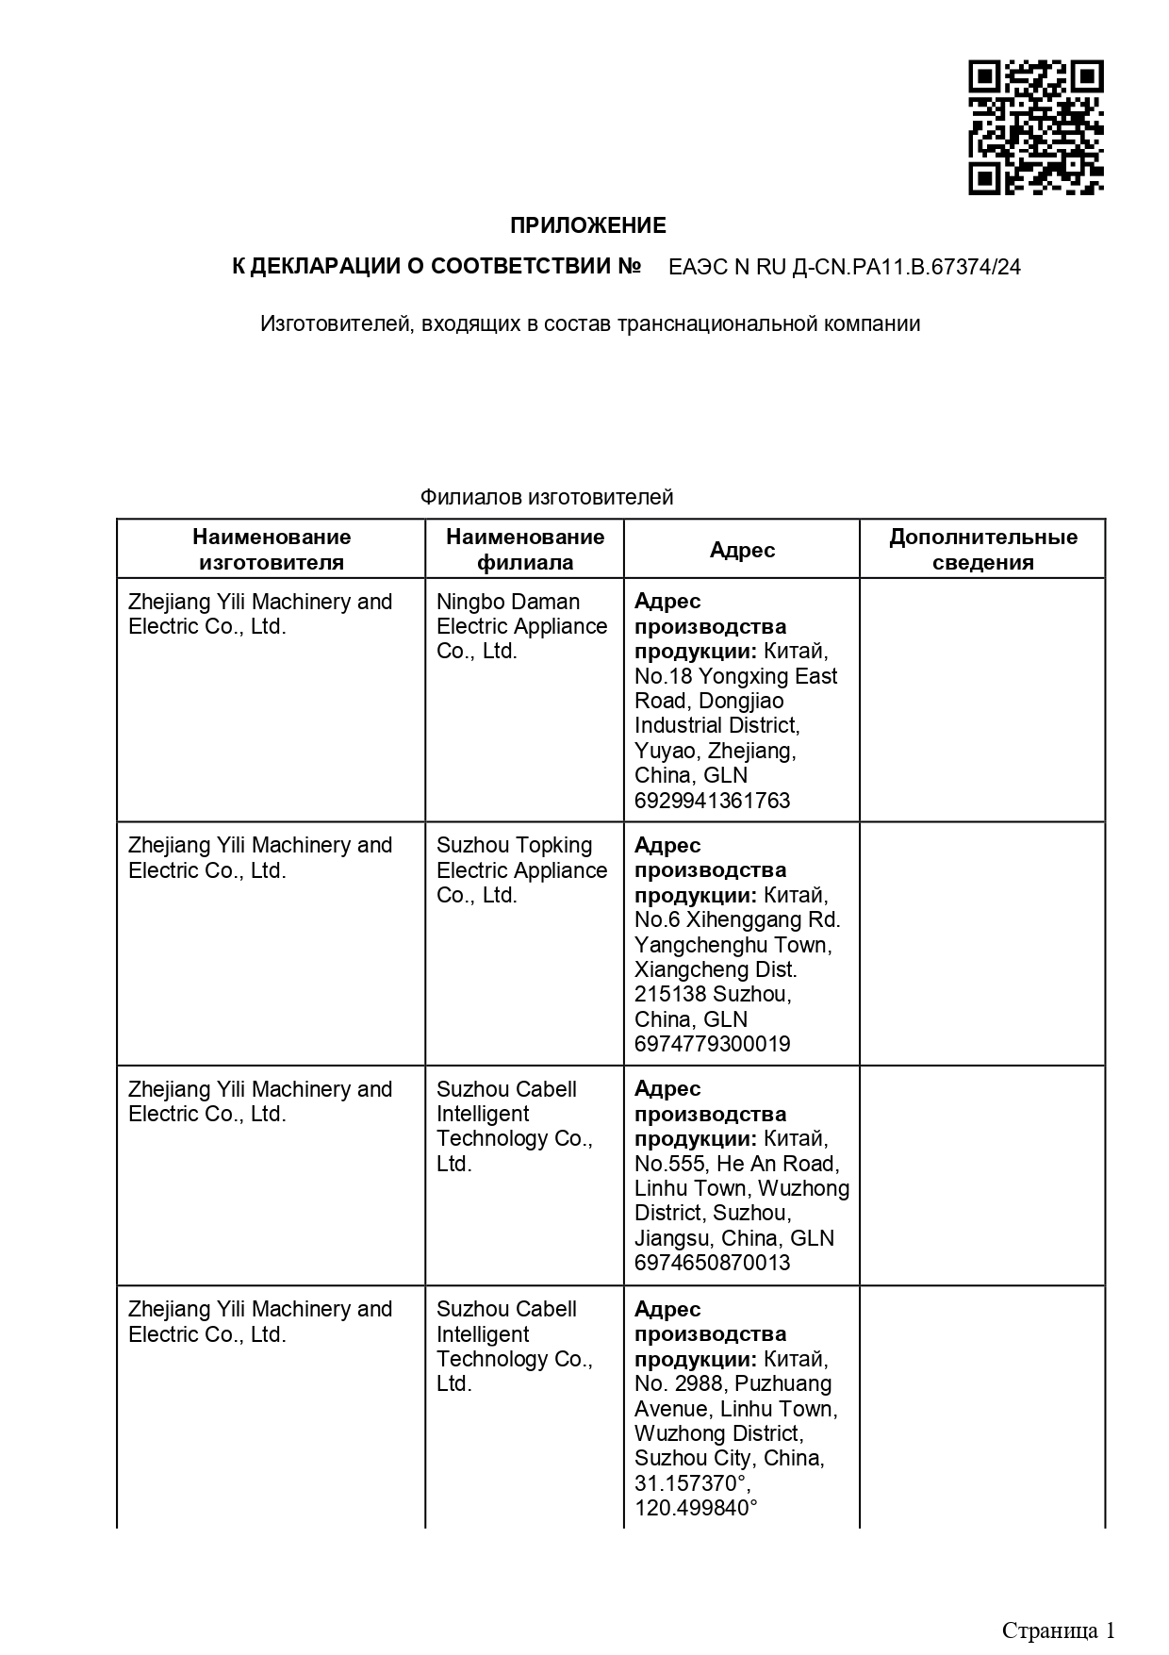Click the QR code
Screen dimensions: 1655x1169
tap(1035, 128)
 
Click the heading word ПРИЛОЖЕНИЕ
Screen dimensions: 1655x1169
tap(587, 225)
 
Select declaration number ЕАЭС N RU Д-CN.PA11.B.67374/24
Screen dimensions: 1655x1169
tap(844, 267)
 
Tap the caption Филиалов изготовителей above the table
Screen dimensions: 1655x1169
tap(547, 497)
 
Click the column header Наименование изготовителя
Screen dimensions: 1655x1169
tap(272, 550)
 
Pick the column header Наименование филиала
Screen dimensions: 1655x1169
tap(525, 550)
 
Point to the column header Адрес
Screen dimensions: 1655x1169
tap(742, 550)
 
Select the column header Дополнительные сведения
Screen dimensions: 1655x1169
tap(982, 550)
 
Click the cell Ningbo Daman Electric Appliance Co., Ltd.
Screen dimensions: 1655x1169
tap(521, 626)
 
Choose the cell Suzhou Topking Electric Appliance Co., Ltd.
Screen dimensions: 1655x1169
tap(521, 870)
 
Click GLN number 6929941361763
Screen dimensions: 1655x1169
tap(712, 801)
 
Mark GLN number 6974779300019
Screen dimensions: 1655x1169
tap(712, 1044)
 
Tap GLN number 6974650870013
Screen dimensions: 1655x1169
tap(712, 1263)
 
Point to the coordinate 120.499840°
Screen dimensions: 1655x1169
tap(696, 1508)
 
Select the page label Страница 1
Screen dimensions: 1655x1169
tap(1058, 1630)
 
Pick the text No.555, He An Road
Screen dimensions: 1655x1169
tap(736, 1164)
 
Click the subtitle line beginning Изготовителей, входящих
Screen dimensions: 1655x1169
tap(590, 324)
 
